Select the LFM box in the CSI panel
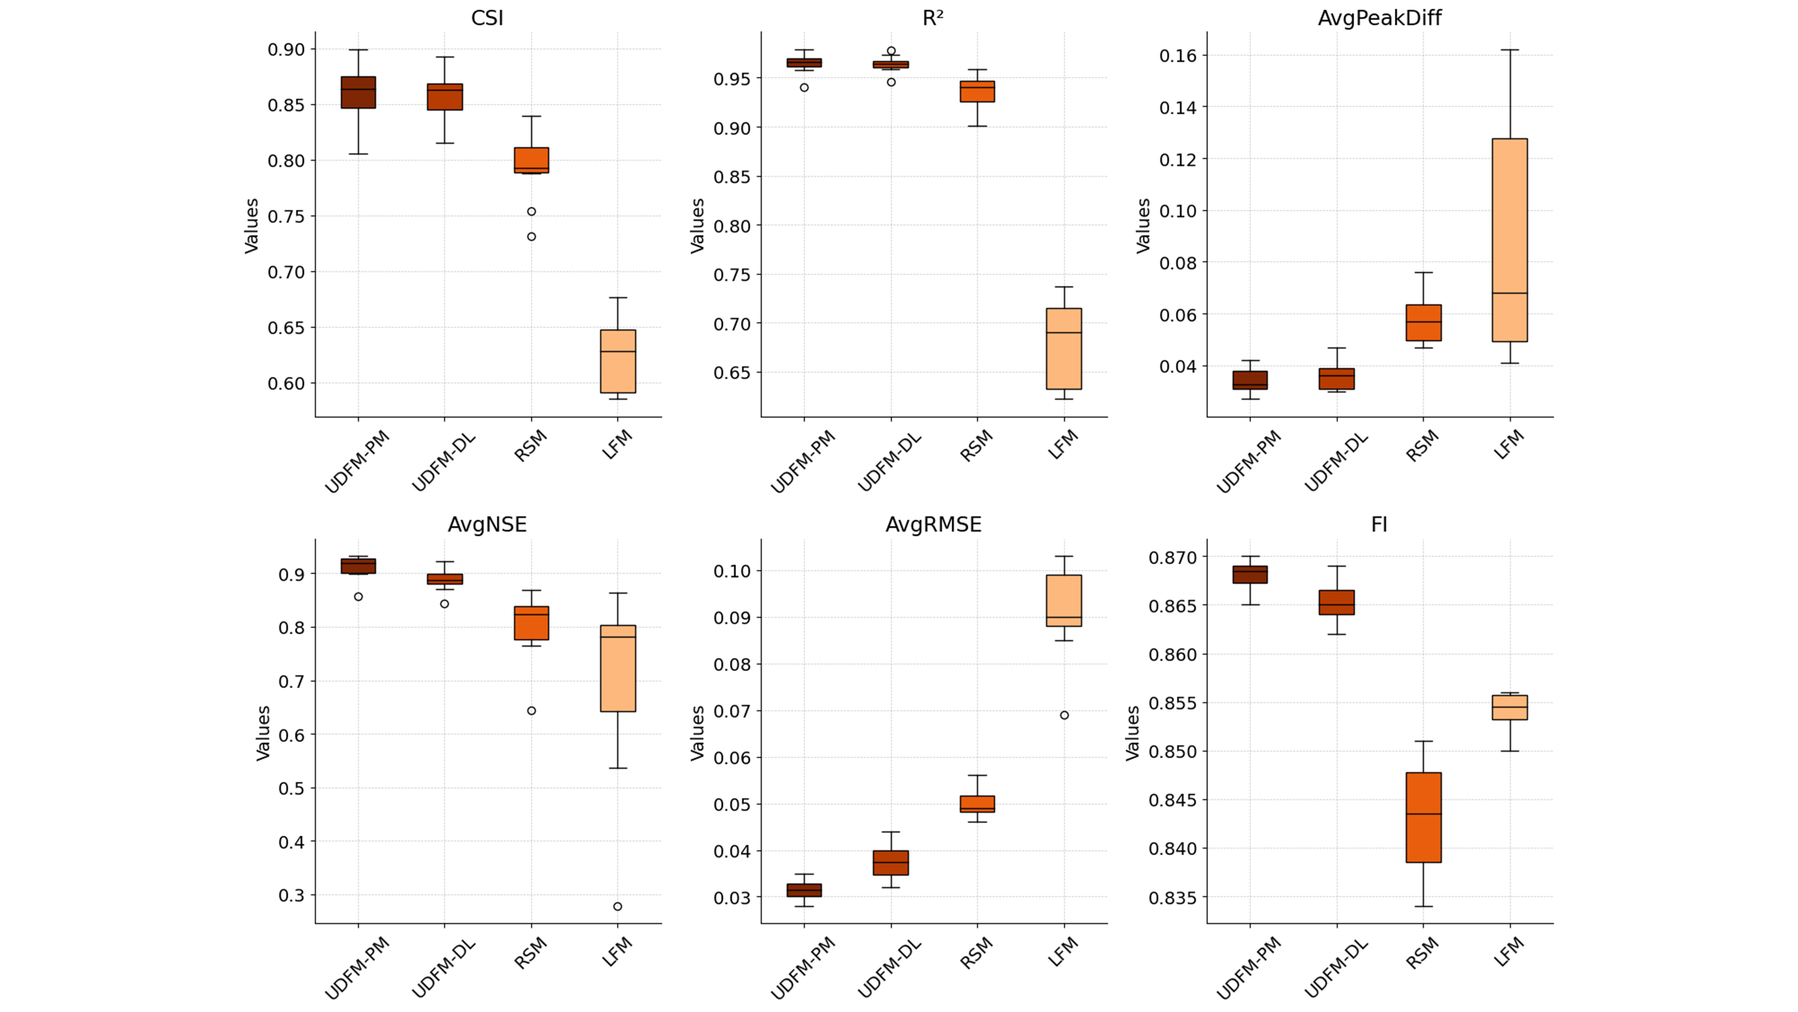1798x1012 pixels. click(x=618, y=361)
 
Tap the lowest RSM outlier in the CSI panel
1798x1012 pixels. click(x=531, y=237)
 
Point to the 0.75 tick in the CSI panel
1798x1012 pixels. click(x=286, y=216)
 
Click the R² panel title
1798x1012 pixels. click(x=933, y=18)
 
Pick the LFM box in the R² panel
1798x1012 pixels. click(x=1064, y=349)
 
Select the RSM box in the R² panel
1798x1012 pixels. click(x=977, y=91)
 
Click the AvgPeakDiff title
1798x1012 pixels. click(x=1379, y=18)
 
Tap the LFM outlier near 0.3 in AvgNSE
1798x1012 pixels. click(x=618, y=907)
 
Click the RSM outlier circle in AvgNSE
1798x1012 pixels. click(x=531, y=711)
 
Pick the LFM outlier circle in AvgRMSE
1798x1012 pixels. click(x=1064, y=715)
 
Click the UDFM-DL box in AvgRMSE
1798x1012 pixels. click(x=890, y=863)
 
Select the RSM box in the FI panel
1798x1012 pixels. click(x=1423, y=817)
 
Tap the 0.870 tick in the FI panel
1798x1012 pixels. click(x=1173, y=557)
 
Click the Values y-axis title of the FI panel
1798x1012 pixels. click(x=1132, y=733)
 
